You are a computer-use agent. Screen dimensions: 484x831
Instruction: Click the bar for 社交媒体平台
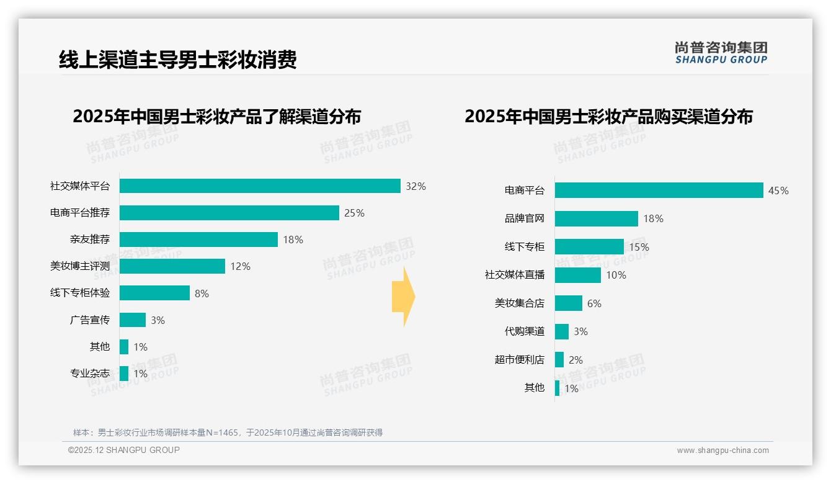tap(260, 186)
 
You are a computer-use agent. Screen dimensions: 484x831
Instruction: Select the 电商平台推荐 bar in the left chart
tap(229, 213)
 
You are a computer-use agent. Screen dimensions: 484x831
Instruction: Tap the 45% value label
tap(778, 190)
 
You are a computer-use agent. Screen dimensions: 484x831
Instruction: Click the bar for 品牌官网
tap(597, 218)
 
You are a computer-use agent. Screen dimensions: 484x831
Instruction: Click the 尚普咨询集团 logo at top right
tap(721, 53)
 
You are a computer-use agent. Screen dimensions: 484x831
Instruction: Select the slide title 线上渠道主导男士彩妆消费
tap(178, 59)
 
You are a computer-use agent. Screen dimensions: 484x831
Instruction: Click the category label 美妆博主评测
tap(80, 266)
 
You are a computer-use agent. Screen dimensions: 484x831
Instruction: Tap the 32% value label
tap(416, 186)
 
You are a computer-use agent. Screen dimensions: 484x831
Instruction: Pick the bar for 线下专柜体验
tap(154, 293)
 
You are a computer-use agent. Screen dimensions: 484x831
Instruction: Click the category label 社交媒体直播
tap(515, 274)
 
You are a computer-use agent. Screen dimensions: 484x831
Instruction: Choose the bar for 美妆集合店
tap(569, 303)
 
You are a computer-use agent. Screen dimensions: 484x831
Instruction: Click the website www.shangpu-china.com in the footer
tap(722, 450)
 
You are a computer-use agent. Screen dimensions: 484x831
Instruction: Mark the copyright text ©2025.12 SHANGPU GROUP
tap(124, 450)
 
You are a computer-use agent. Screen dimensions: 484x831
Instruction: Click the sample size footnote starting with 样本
tap(228, 432)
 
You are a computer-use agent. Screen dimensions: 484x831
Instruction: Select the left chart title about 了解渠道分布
tap(216, 116)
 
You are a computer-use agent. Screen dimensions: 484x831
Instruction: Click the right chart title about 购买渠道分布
tap(608, 116)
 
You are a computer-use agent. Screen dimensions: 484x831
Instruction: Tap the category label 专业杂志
tap(90, 374)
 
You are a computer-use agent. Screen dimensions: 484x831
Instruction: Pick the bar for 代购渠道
tap(562, 331)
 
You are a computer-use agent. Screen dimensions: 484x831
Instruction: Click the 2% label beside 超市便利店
tap(575, 360)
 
